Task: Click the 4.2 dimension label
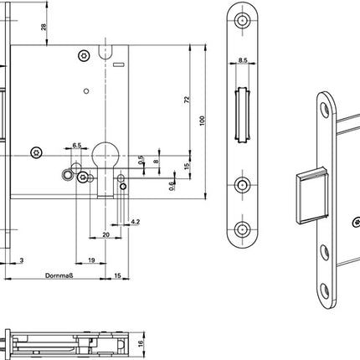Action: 136,223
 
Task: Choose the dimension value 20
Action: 105,236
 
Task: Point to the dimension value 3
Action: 20,260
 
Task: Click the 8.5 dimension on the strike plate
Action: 241,61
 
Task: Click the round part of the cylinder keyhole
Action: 105,155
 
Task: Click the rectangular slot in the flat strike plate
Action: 241,114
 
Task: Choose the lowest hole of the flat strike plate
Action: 242,227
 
